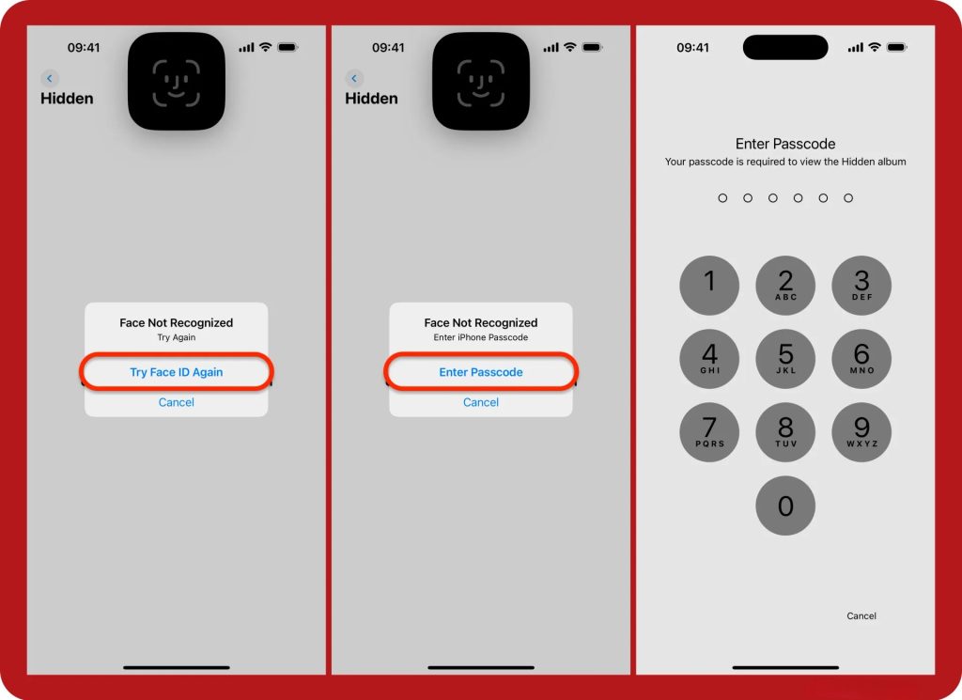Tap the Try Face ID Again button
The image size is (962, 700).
[x=176, y=372]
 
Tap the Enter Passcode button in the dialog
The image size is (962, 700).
[x=481, y=372]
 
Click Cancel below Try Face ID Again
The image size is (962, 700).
[x=176, y=402]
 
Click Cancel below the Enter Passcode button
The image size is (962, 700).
[x=481, y=402]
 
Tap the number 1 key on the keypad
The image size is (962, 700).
[x=709, y=286]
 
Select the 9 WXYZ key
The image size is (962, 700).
[x=861, y=432]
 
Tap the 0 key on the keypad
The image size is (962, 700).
[x=785, y=506]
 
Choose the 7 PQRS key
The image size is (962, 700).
[x=709, y=432]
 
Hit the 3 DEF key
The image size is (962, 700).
[x=861, y=286]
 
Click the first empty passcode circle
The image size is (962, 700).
[x=722, y=198]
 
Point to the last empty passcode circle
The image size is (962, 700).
[x=848, y=198]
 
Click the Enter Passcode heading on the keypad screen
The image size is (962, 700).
[x=785, y=144]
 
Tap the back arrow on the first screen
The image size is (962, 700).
[x=50, y=78]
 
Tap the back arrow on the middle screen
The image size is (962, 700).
[x=354, y=78]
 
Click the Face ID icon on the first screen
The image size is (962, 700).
[x=176, y=82]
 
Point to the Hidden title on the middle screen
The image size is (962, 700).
[x=371, y=98]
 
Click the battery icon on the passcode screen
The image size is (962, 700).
[x=896, y=47]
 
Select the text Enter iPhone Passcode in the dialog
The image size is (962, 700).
[x=481, y=337]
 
